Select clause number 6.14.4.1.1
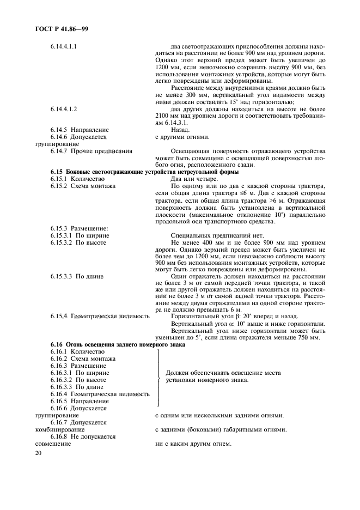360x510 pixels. coord(63,46)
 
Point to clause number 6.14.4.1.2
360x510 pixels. coord(63,108)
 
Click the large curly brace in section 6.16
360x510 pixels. coord(158,377)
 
